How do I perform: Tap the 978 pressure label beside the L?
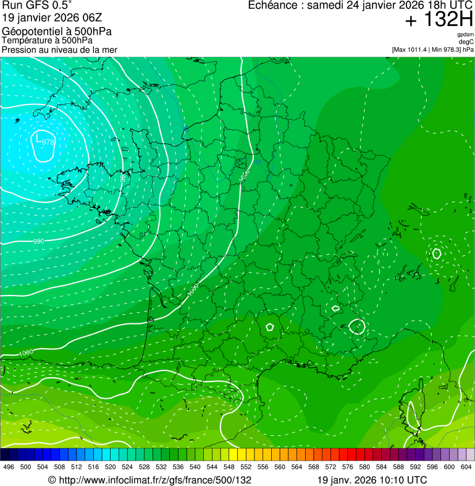pos(48,142)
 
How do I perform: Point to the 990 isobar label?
pos(38,241)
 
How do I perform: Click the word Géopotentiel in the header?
pos(28,31)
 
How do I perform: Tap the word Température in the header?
pos(24,40)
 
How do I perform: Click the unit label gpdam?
pos(465,35)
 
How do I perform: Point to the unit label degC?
pos(466,42)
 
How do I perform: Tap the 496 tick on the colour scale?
pos(9,467)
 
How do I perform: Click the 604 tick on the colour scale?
pos(466,467)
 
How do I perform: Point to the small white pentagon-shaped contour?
pos(270,326)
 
